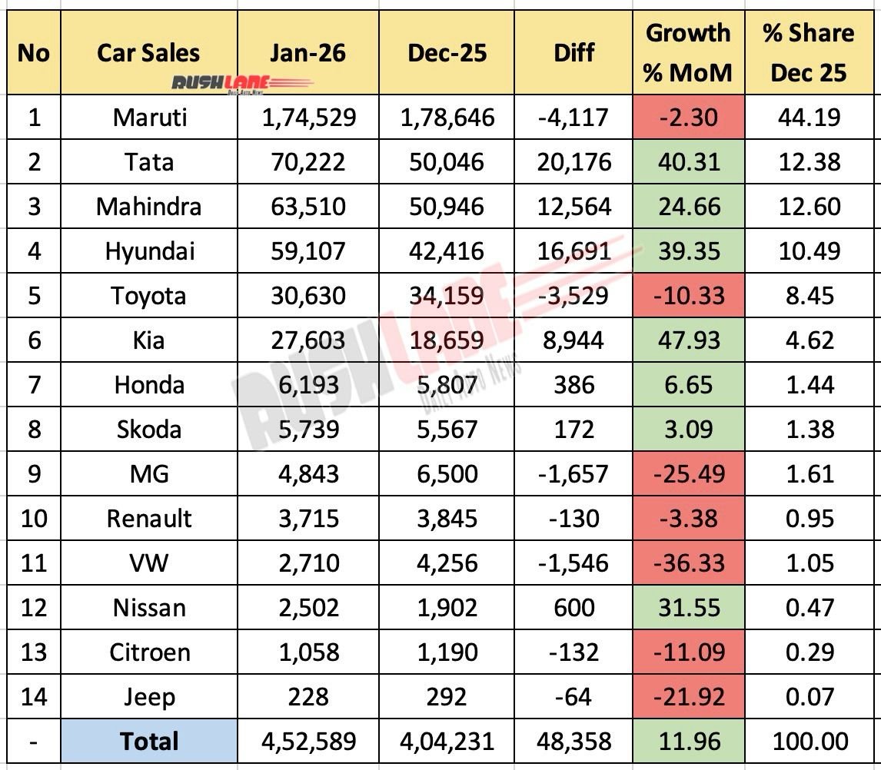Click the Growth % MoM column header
tap(687, 53)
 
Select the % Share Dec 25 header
tap(808, 53)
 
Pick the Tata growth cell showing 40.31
tap(687, 162)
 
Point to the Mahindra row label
tap(148, 207)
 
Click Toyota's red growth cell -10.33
tap(687, 296)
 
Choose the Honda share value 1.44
tap(808, 384)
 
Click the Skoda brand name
tap(148, 429)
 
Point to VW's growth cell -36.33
tap(687, 563)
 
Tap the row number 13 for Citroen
tap(32, 652)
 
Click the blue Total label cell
tap(148, 742)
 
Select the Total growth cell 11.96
tap(687, 742)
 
